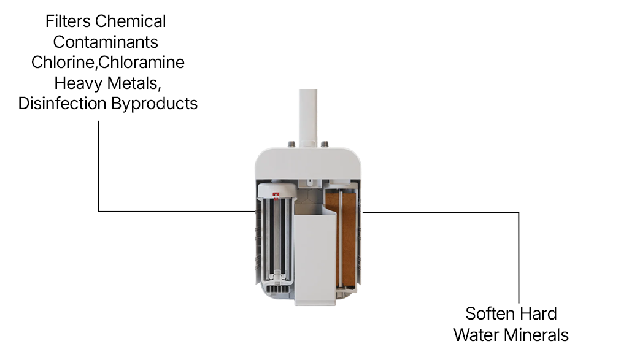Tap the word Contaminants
106,42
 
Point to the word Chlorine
62,63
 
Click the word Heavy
78,83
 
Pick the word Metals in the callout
134,83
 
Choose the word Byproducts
155,104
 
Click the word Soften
488,313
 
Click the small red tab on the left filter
276,195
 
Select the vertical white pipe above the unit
308,118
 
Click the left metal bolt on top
291,144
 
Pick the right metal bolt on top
325,144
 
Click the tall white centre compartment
315,259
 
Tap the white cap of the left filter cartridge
276,190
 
